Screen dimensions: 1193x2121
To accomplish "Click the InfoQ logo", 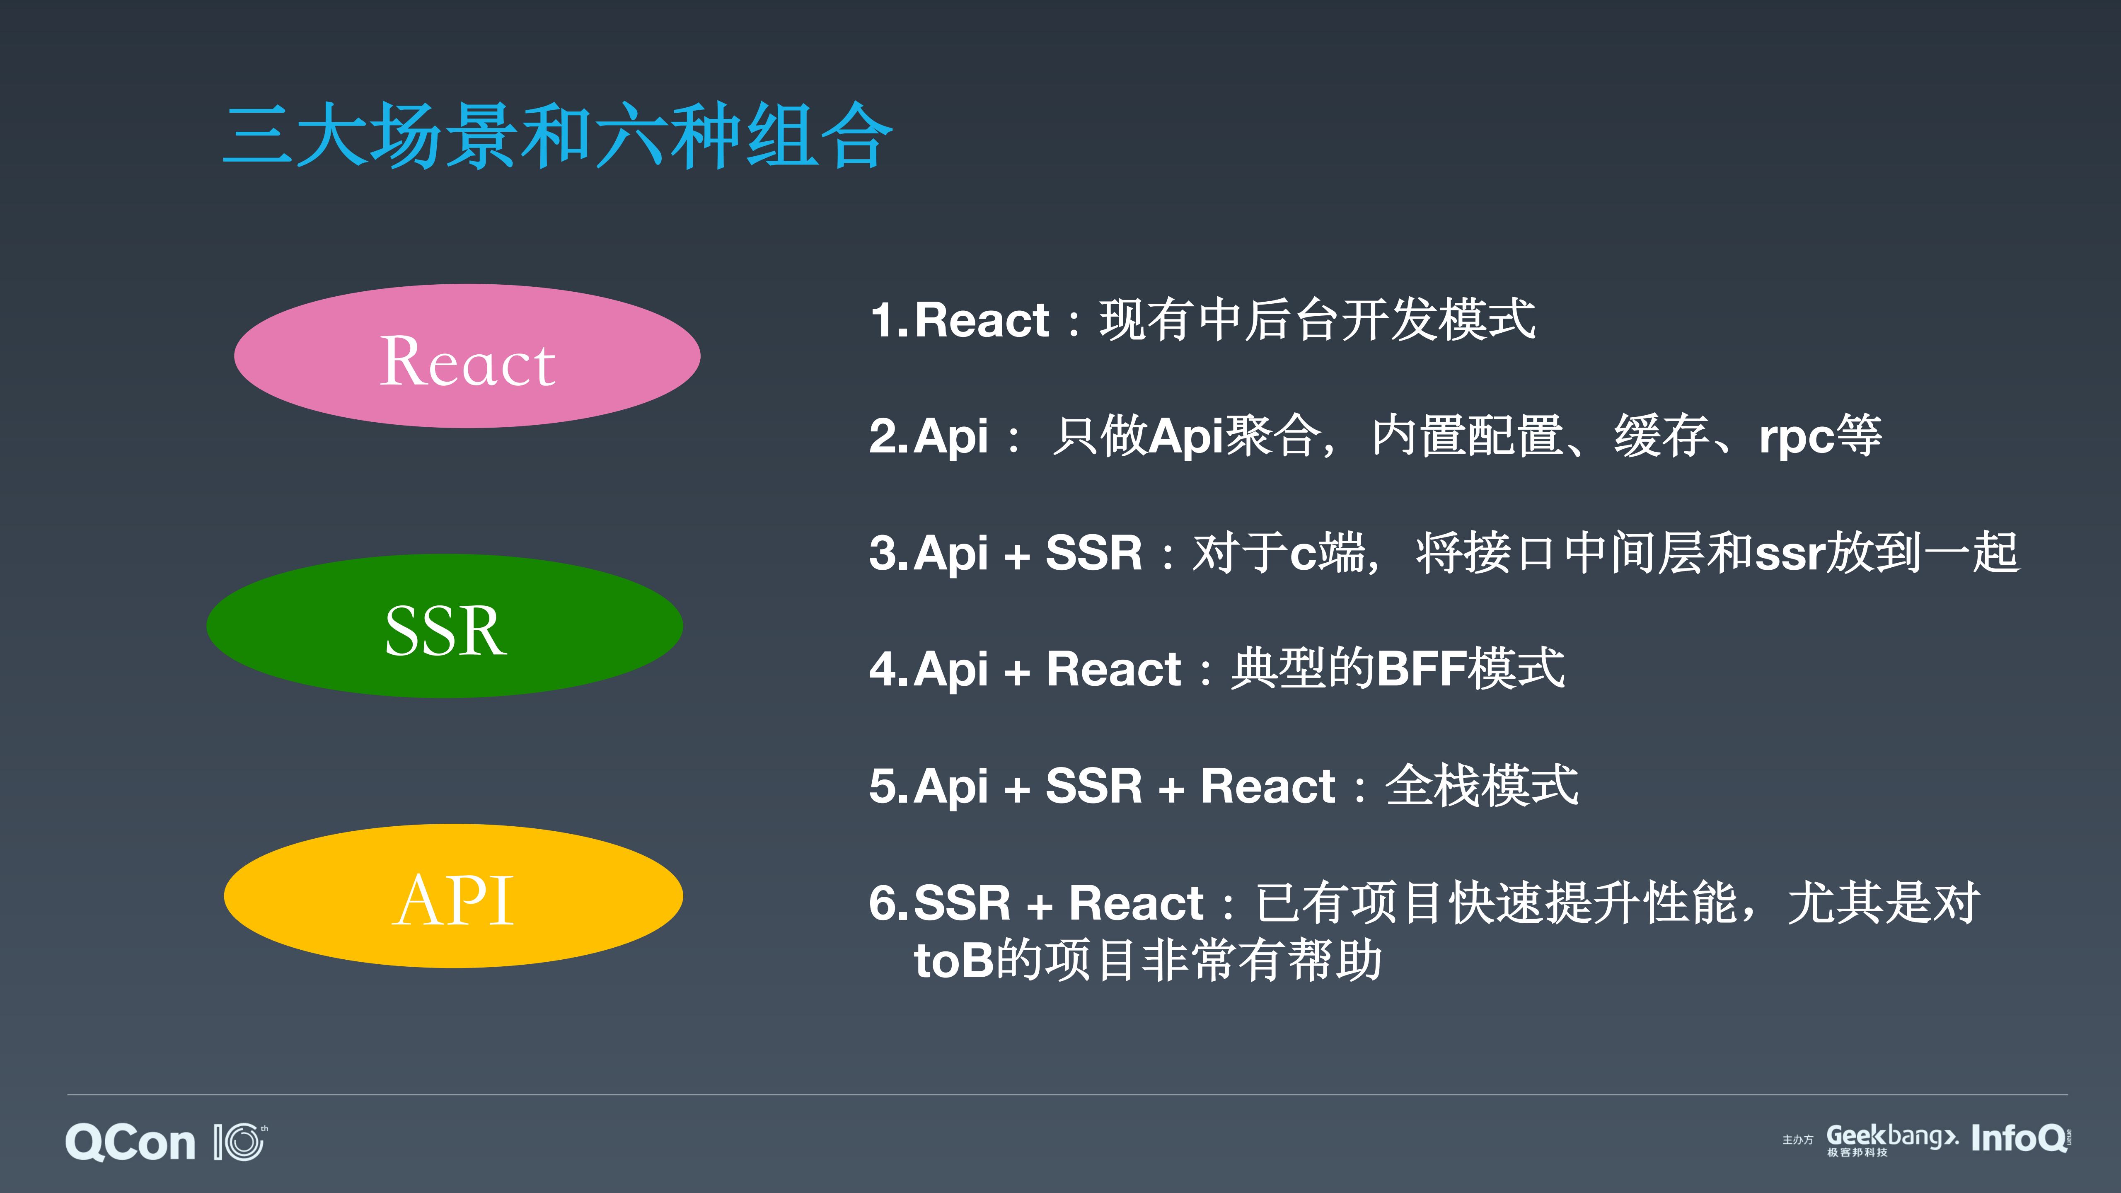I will pyautogui.click(x=2019, y=1139).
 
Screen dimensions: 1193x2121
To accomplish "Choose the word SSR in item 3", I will pyautogui.click(x=1093, y=553).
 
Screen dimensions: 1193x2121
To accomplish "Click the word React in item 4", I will pyautogui.click(x=1113, y=668).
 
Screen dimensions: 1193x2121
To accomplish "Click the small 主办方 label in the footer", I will pyautogui.click(x=1797, y=1140).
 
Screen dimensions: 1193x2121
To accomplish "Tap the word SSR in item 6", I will pyautogui.click(x=962, y=903).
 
